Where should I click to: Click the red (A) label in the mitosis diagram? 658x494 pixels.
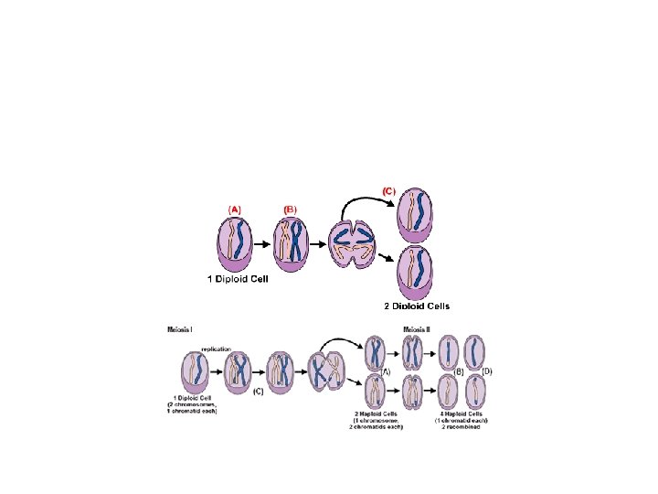click(x=235, y=209)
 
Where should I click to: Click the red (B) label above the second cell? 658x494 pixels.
click(x=292, y=209)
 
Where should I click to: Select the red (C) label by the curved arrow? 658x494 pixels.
click(x=388, y=191)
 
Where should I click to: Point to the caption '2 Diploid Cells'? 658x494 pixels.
click(x=417, y=306)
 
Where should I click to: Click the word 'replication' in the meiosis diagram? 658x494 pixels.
click(x=217, y=349)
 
